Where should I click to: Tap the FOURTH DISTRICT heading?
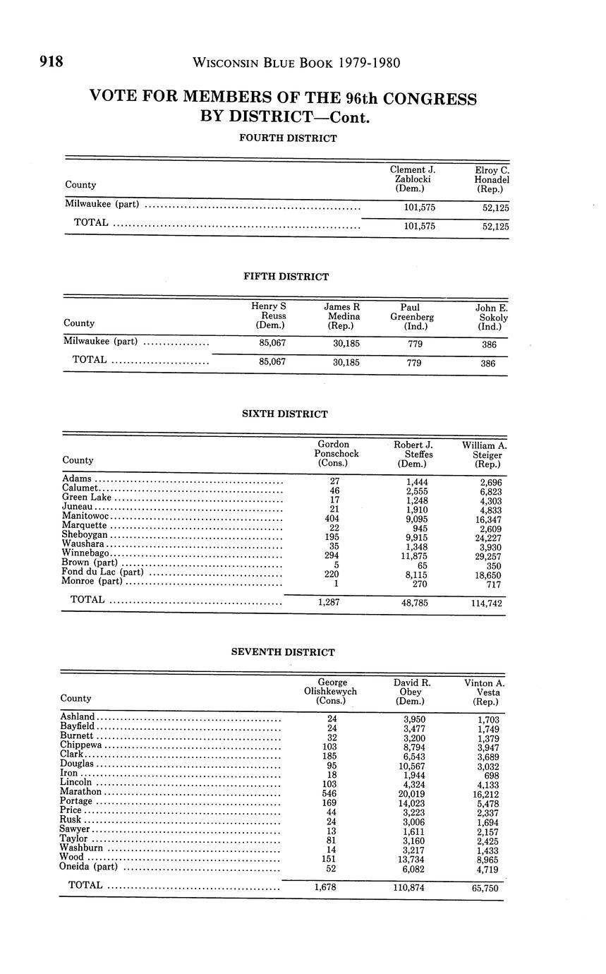pos(288,138)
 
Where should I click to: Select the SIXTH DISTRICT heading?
pos(285,414)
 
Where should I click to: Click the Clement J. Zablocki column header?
pos(413,179)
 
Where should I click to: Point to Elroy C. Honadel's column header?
pos(492,179)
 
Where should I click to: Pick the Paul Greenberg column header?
pos(412,317)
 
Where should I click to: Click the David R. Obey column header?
pos(412,692)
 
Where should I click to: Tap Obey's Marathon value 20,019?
pos(413,793)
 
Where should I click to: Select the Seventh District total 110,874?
pos(409,887)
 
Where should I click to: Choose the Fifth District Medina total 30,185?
pos(346,362)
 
